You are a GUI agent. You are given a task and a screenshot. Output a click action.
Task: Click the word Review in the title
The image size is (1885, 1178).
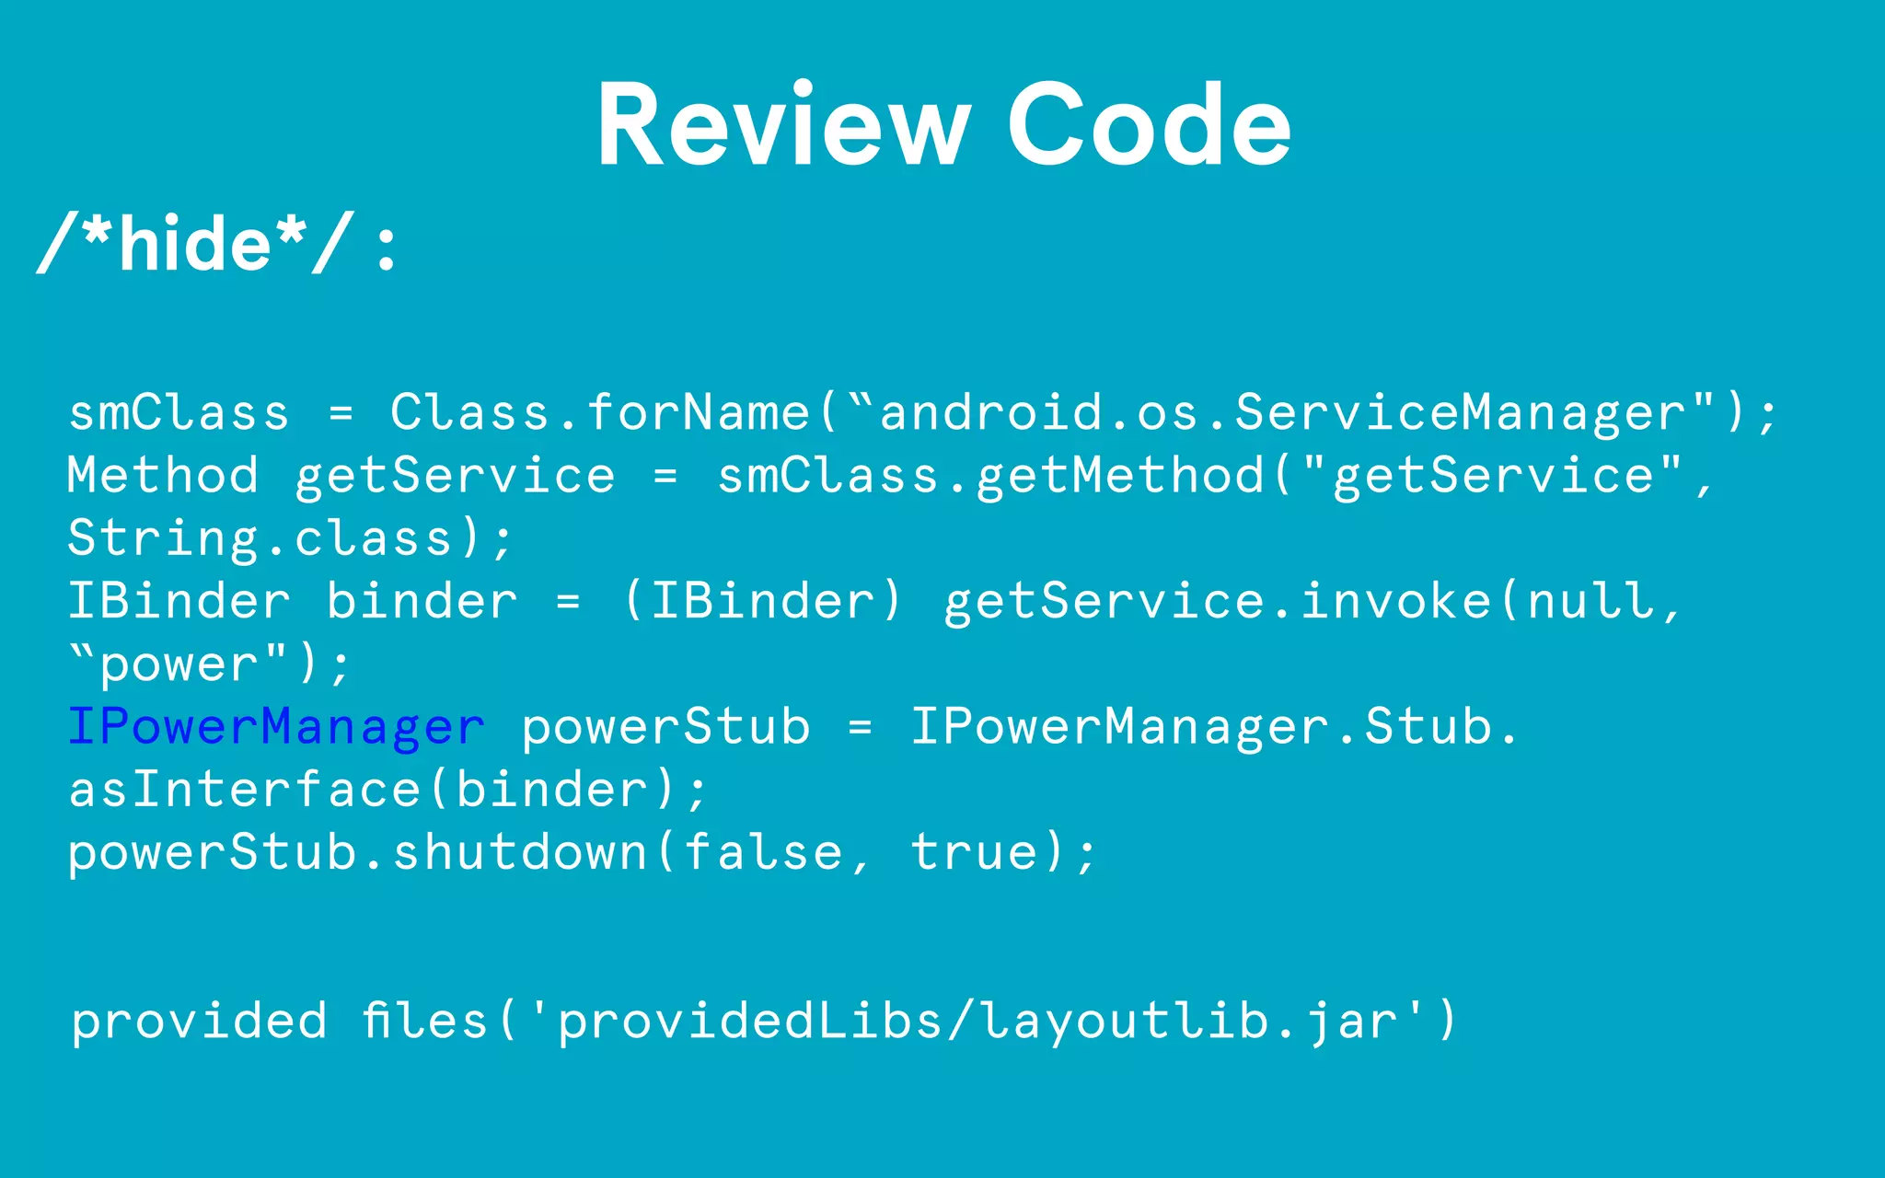tap(783, 125)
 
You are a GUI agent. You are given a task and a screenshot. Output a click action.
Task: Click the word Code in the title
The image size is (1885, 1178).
tap(1150, 125)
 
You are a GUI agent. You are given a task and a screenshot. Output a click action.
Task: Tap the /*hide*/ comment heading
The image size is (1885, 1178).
tap(194, 245)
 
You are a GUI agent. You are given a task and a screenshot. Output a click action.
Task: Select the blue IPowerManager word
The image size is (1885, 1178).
tap(276, 727)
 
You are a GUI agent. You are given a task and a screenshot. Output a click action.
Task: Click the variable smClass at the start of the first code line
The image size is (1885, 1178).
tap(179, 412)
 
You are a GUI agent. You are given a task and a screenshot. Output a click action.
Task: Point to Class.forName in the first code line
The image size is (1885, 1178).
tap(599, 412)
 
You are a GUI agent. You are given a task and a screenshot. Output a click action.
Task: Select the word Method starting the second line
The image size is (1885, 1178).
tap(163, 476)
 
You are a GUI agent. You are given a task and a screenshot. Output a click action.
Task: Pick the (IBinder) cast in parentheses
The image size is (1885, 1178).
tap(763, 601)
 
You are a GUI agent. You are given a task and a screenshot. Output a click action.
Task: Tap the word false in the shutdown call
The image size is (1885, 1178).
tap(763, 852)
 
